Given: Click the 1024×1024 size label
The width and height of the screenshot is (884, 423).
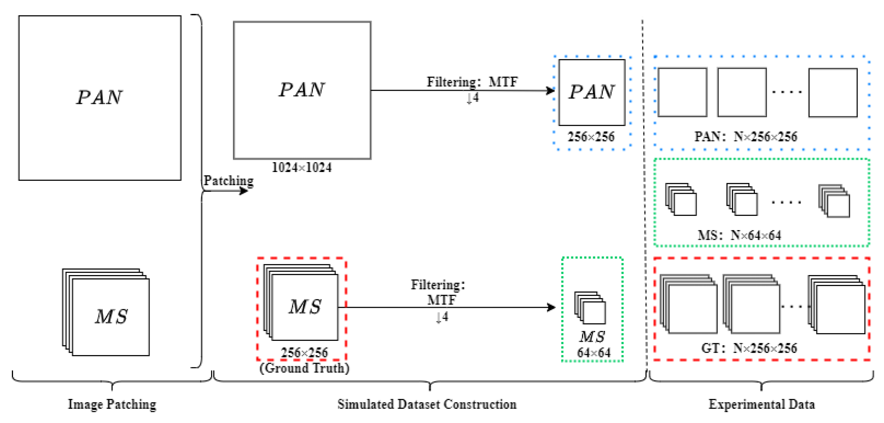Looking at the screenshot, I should point(301,168).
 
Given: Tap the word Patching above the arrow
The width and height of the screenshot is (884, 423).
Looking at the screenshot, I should point(229,180).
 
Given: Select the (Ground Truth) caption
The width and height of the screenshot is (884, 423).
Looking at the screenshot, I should point(304,368).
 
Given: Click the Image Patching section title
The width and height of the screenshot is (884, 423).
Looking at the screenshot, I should point(112,404).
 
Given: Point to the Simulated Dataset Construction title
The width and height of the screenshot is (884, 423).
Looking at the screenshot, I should point(427,404).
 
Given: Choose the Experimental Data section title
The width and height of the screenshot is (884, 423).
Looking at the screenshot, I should point(761,404).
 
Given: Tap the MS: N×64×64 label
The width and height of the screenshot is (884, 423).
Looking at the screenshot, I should point(739,235).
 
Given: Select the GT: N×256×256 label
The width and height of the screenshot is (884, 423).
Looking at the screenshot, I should point(749,348).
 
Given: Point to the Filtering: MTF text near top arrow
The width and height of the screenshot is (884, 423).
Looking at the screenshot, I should point(472,82).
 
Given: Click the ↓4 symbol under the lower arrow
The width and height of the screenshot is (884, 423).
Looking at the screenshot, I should point(442,317).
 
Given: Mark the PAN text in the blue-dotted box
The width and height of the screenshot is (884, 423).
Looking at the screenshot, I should point(591,92).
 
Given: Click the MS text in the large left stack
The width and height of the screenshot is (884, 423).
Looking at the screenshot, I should point(111,317).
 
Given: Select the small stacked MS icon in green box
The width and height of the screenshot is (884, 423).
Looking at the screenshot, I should point(590,308).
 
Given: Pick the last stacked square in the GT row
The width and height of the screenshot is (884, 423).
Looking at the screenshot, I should point(836,305).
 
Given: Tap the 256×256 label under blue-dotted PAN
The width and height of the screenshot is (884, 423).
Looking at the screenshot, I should point(591,137).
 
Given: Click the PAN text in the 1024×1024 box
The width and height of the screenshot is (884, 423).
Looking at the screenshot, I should point(301,90).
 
